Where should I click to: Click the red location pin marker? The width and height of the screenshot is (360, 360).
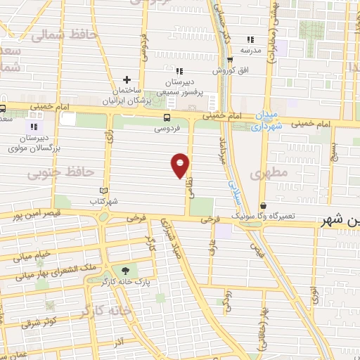click(181, 165)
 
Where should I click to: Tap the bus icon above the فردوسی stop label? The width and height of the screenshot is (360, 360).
click(167, 118)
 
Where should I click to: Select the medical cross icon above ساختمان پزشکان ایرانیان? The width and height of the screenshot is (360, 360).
click(127, 79)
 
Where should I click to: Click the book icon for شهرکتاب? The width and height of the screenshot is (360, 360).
click(104, 191)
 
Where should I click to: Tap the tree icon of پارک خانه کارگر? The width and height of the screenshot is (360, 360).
click(126, 271)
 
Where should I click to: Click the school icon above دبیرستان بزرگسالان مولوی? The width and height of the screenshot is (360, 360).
click(33, 127)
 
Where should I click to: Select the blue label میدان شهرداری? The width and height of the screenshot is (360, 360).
click(266, 121)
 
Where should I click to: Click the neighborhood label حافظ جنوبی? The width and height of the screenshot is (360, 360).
click(52, 172)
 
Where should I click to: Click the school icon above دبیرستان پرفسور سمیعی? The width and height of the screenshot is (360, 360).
click(179, 70)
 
